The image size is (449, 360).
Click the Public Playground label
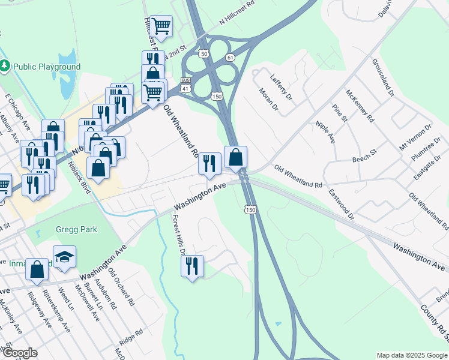point(47,67)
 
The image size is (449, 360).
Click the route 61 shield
point(230,57)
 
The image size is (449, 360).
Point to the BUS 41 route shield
point(186,84)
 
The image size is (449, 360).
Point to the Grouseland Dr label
point(383,78)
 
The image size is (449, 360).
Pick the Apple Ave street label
point(325,132)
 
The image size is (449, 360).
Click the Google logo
point(20,353)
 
